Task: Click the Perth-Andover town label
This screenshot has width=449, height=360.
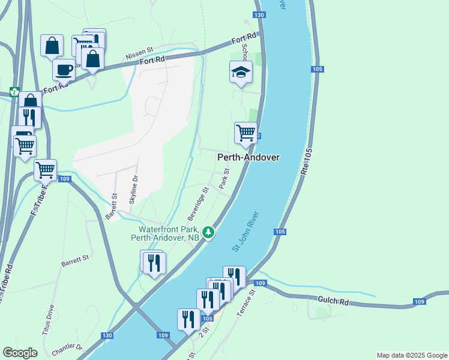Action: click(248, 157)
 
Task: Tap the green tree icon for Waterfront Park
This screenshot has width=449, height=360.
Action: click(208, 232)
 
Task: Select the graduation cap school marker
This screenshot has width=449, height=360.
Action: click(241, 73)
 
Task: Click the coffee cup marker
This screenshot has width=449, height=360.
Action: click(64, 70)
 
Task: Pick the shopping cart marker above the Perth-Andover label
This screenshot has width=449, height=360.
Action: click(246, 133)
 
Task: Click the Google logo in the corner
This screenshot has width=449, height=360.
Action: click(20, 353)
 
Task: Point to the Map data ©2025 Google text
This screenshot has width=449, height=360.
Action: click(412, 355)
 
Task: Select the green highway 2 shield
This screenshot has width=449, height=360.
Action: click(14, 92)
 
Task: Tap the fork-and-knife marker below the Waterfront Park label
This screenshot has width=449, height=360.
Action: click(154, 263)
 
